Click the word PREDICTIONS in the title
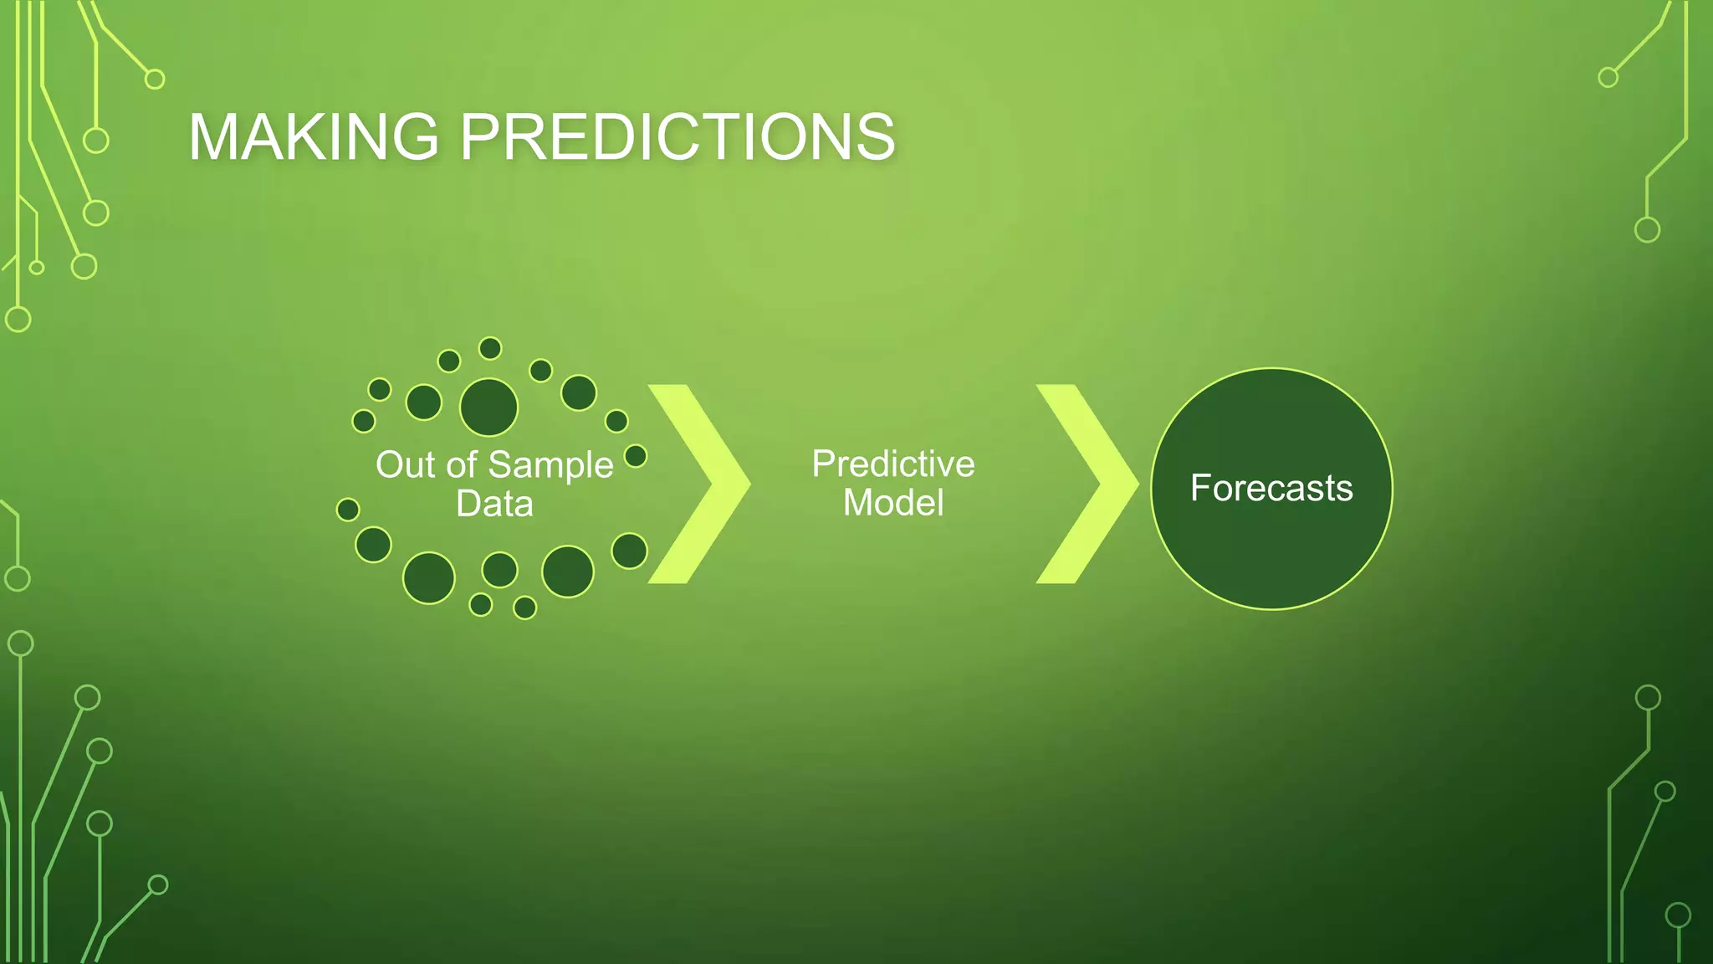(x=678, y=136)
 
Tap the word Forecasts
(x=1271, y=488)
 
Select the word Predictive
(x=892, y=464)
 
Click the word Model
(x=892, y=503)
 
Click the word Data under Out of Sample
(x=494, y=504)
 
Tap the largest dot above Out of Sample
(x=489, y=408)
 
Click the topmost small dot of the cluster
(x=490, y=348)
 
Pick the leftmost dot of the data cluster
(x=348, y=509)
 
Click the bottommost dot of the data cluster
(x=524, y=608)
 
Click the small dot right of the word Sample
(x=636, y=456)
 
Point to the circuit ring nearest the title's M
(x=96, y=141)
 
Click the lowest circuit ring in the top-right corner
(x=1647, y=229)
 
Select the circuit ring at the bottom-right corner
(x=1678, y=915)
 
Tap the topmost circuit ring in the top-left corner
(x=155, y=79)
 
